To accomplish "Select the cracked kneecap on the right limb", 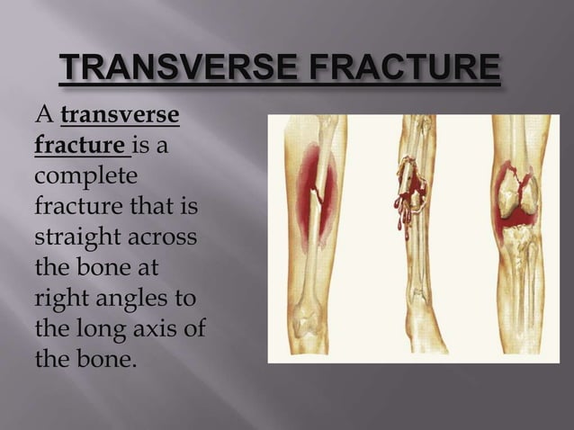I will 520,190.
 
